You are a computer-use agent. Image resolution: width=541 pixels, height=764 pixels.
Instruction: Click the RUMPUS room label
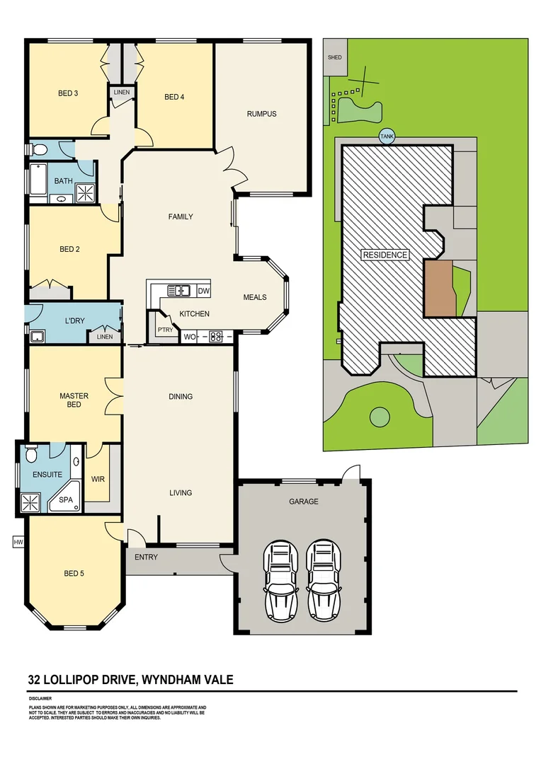point(261,114)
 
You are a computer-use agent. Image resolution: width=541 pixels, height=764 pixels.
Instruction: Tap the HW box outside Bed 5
point(18,543)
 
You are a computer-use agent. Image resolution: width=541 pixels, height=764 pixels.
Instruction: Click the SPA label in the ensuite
point(66,499)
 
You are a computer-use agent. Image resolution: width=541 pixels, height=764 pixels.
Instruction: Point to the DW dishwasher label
point(203,291)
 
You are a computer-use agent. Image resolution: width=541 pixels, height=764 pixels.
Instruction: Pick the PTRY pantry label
point(165,330)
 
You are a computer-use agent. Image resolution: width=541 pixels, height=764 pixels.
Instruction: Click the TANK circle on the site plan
point(387,137)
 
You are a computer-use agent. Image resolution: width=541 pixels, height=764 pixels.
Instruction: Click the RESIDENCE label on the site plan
point(385,255)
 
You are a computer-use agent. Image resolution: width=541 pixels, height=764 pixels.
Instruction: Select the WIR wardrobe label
point(98,479)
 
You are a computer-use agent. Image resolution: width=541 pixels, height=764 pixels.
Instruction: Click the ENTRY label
point(146,557)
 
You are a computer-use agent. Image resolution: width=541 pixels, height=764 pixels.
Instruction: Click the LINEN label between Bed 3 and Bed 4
point(121,92)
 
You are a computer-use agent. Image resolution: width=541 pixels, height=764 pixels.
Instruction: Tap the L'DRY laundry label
point(74,320)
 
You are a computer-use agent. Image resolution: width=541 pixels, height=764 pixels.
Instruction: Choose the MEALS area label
point(255,297)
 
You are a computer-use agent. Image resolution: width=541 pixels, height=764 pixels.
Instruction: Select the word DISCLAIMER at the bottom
point(40,698)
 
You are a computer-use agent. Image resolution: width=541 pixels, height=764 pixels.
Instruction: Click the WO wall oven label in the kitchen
point(189,337)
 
